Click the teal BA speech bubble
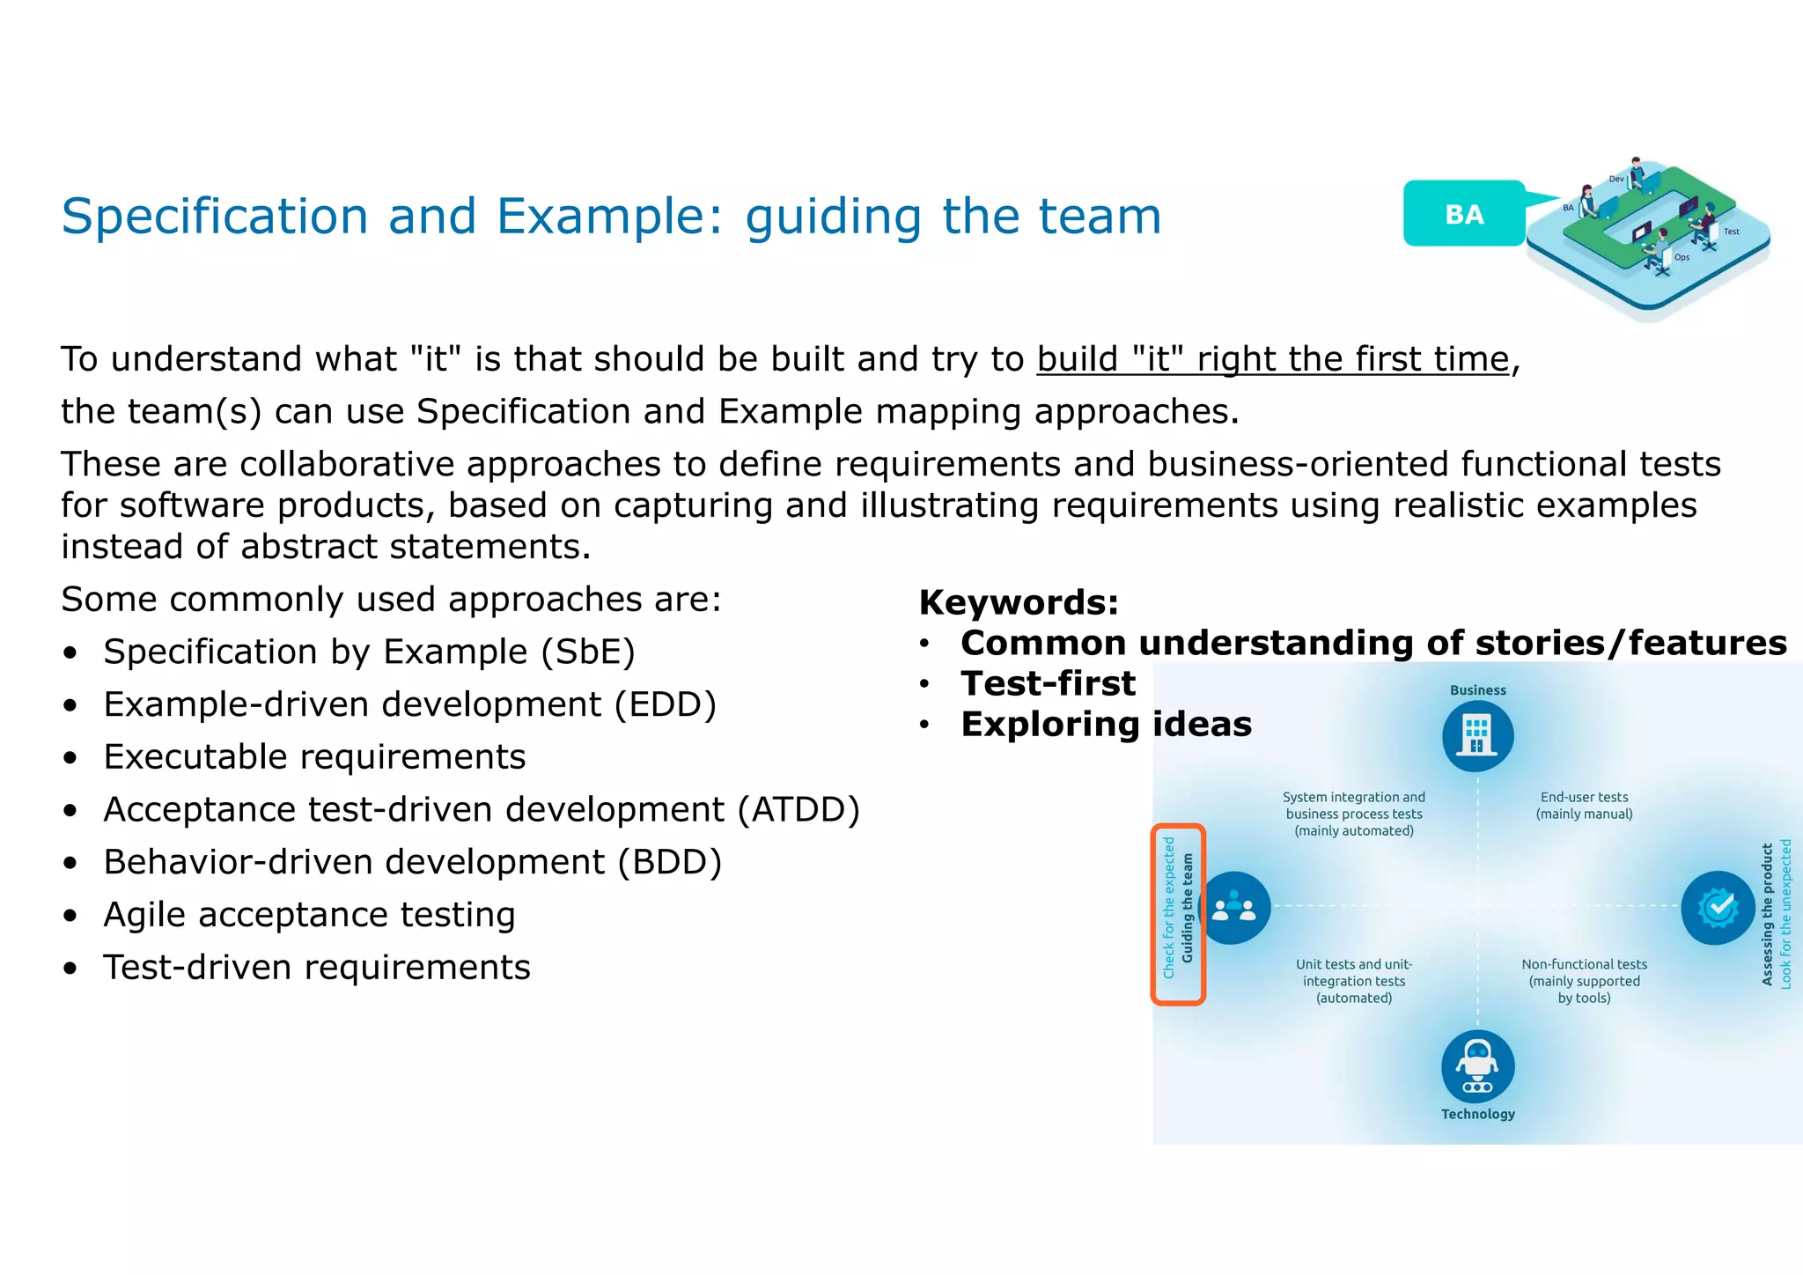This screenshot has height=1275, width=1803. tap(1464, 214)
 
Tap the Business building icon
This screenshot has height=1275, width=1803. tap(1477, 735)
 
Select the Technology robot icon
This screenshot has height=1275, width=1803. tap(1477, 1065)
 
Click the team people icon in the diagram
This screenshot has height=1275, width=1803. tap(1234, 907)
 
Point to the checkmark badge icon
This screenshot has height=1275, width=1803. tap(1718, 907)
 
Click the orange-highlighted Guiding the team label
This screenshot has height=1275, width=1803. tap(1178, 914)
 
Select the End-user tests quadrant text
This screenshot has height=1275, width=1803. tap(1584, 805)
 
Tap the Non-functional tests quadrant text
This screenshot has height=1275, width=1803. tap(1584, 980)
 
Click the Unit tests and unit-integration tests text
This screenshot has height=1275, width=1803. tap(1354, 980)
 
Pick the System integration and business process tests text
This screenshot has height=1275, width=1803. tap(1354, 813)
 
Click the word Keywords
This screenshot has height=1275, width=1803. tap(1019, 602)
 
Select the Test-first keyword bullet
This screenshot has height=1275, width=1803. tap(1048, 683)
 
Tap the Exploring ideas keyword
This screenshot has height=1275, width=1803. tap(1106, 724)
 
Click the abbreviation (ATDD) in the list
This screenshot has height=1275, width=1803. tap(798, 809)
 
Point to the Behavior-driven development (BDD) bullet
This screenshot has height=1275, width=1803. tap(412, 862)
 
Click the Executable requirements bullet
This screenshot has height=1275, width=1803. tap(314, 757)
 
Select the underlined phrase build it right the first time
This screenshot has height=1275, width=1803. tap(1273, 359)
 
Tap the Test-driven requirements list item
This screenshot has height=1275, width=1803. tap(317, 967)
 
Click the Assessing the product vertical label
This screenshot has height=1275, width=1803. tap(1767, 914)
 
